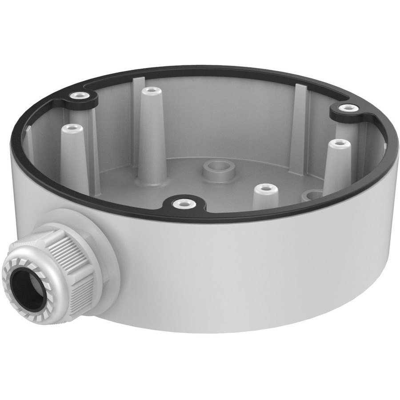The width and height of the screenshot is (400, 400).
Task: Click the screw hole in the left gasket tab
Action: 80,95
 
